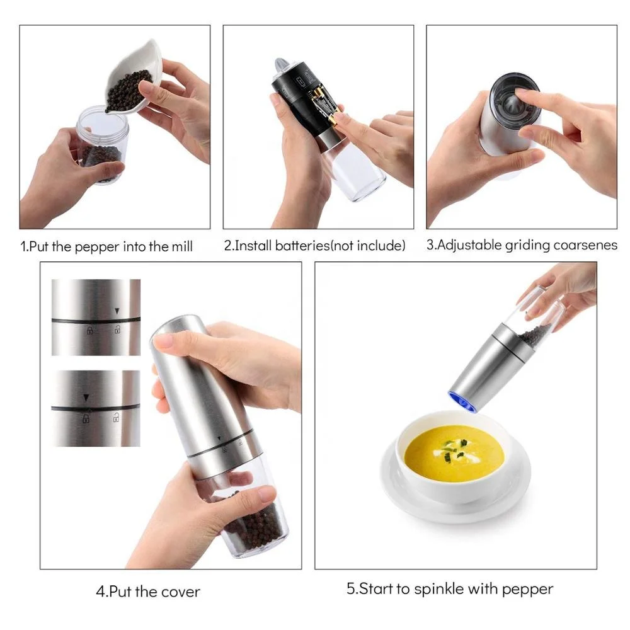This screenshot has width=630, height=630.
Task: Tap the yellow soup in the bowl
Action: coord(454,454)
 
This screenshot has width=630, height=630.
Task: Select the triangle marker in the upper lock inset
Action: coord(117,311)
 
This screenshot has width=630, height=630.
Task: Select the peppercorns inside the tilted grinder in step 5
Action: coord(534,336)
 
